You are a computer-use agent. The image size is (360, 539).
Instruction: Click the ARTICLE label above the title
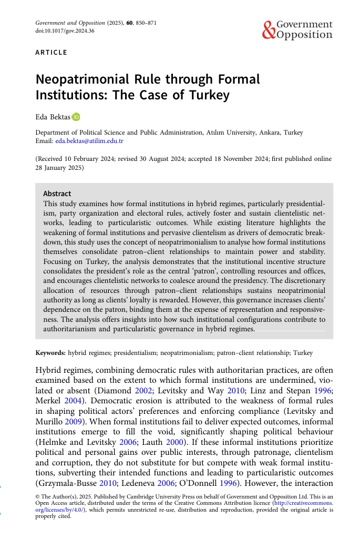(51, 53)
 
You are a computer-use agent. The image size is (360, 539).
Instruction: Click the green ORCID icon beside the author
(76, 117)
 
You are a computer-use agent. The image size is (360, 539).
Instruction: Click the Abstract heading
(57, 194)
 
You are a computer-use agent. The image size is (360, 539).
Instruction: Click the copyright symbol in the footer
(37, 496)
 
